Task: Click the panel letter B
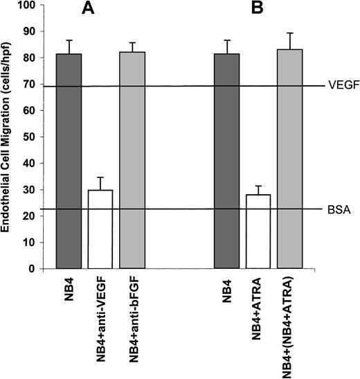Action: pos(260,10)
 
